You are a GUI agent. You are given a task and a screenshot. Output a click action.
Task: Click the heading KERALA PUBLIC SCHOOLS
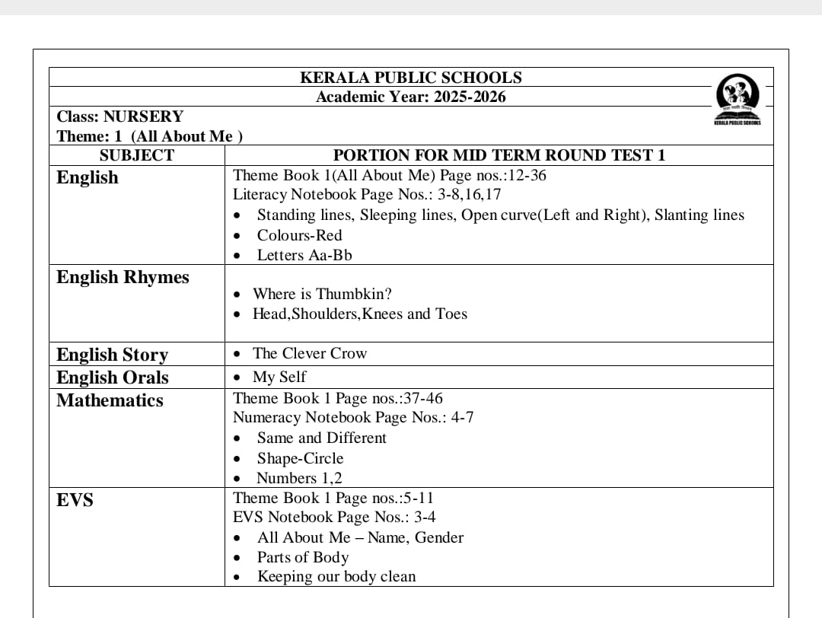411,78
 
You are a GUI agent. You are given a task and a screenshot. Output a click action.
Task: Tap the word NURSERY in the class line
143,116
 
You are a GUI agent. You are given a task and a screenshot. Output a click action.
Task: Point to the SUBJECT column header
137,155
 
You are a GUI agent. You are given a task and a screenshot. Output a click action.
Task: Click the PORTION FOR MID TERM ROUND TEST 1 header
499,155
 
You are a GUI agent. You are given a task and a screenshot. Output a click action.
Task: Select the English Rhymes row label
123,277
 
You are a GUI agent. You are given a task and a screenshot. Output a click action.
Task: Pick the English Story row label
112,355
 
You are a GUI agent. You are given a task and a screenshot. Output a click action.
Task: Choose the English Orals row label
113,377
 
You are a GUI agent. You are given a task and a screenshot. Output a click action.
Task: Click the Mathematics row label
110,400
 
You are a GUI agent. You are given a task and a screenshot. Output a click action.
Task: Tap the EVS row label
75,500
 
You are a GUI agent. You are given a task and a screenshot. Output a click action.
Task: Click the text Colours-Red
299,235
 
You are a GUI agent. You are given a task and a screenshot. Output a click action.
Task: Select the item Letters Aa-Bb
304,255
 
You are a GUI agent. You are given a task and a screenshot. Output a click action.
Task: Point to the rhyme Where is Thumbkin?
322,294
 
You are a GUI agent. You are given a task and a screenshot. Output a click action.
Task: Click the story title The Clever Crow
309,353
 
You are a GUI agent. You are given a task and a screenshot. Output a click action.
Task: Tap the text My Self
279,377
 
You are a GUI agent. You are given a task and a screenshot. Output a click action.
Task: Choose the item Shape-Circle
300,458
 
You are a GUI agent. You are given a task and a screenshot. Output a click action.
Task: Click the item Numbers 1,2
299,478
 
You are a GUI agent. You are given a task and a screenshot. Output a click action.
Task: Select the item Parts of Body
302,557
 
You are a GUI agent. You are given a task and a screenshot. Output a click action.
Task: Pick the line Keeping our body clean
336,576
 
